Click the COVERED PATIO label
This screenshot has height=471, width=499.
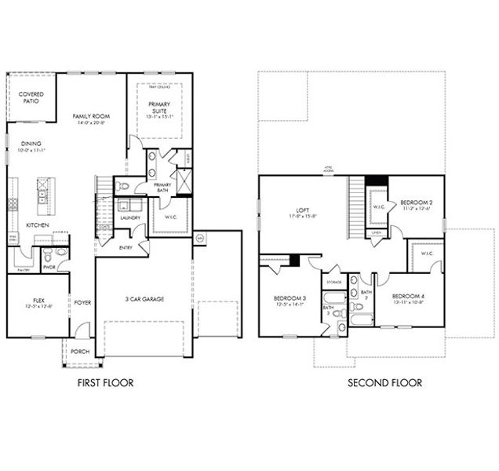(31, 98)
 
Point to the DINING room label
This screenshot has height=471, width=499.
(31, 144)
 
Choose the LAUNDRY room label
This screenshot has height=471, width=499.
(130, 217)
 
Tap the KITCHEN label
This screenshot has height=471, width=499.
(38, 225)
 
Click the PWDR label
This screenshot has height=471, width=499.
(48, 266)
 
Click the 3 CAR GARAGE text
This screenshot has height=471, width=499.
(143, 298)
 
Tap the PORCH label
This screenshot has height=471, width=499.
(80, 351)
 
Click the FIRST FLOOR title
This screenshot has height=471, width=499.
(105, 383)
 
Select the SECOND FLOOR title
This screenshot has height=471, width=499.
(385, 383)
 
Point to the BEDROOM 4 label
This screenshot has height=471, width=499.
(409, 296)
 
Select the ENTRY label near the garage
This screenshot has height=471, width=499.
(125, 247)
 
